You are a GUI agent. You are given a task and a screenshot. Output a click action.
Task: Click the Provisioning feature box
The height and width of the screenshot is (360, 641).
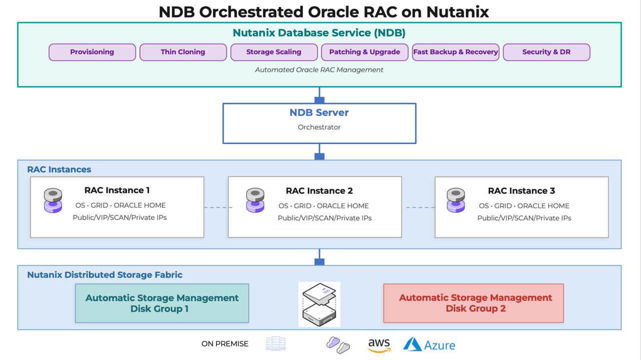tap(92, 52)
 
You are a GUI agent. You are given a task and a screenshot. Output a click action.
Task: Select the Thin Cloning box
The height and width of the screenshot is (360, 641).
tap(183, 52)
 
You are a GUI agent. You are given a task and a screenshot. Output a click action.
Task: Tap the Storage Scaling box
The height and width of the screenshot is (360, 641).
tap(274, 52)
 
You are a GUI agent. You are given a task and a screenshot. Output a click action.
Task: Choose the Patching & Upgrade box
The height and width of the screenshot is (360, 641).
tap(365, 52)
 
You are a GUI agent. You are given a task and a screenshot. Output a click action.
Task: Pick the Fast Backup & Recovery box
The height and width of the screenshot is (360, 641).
tap(456, 52)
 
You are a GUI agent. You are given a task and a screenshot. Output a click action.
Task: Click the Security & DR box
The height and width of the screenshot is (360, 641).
tap(546, 52)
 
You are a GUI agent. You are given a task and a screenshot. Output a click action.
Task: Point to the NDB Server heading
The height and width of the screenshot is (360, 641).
tap(319, 113)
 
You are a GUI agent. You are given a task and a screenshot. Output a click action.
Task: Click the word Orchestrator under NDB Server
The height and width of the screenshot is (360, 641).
tap(319, 127)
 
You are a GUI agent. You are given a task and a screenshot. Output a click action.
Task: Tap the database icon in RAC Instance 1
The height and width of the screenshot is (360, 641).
tap(53, 200)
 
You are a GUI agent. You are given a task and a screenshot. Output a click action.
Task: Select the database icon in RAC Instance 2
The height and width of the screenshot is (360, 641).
tap(255, 200)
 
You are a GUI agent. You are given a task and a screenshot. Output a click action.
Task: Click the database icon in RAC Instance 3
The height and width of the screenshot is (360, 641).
tap(456, 200)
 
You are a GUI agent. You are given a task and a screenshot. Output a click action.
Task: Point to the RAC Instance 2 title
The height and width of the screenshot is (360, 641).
tap(319, 191)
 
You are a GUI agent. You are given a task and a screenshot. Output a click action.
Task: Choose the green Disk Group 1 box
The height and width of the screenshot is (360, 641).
tap(162, 303)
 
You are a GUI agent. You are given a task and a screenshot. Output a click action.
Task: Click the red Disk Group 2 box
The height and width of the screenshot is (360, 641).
tap(473, 303)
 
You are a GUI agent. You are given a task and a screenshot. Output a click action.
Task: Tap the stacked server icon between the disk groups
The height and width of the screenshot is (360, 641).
tap(319, 304)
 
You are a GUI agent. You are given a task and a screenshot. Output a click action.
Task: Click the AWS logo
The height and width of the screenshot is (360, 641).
tap(379, 345)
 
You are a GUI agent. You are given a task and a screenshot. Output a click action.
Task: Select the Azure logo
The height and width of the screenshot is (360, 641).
tap(430, 344)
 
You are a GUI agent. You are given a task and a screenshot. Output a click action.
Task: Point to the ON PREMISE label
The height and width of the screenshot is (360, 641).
tap(225, 344)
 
